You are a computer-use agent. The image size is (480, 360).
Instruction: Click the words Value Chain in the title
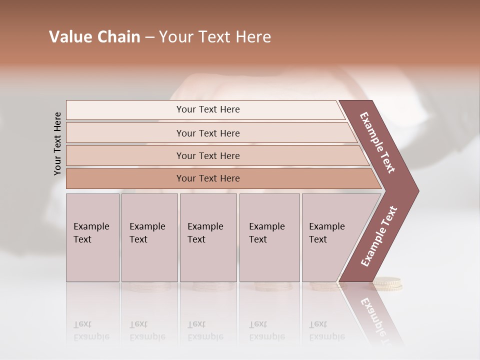[94, 37]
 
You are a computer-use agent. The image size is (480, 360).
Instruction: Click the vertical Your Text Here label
[57, 143]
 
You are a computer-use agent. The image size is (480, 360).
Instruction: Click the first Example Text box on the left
[92, 237]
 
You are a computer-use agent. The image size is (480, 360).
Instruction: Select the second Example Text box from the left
[149, 237]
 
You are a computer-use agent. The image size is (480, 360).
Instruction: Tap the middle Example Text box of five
[208, 237]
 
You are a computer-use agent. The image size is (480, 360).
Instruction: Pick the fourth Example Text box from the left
[269, 237]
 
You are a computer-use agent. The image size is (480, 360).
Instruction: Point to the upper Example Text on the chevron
[377, 142]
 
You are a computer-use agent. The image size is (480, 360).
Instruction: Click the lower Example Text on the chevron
[378, 236]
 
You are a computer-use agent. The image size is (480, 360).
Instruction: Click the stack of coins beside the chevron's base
[387, 284]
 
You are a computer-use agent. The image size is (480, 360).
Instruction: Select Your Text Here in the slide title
[215, 37]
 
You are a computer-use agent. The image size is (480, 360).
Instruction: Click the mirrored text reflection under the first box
[91, 330]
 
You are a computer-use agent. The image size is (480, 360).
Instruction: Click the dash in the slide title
[149, 37]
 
